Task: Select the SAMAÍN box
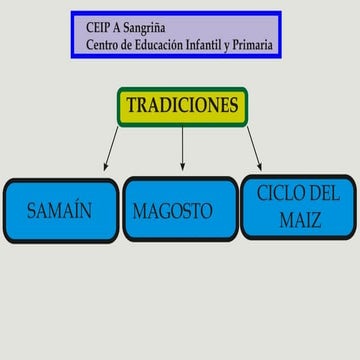click(59, 210)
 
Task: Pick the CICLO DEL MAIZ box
click(298, 206)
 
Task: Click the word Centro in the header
click(107, 44)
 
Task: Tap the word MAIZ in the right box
click(299, 218)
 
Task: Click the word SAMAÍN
click(59, 211)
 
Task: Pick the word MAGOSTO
click(173, 211)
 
